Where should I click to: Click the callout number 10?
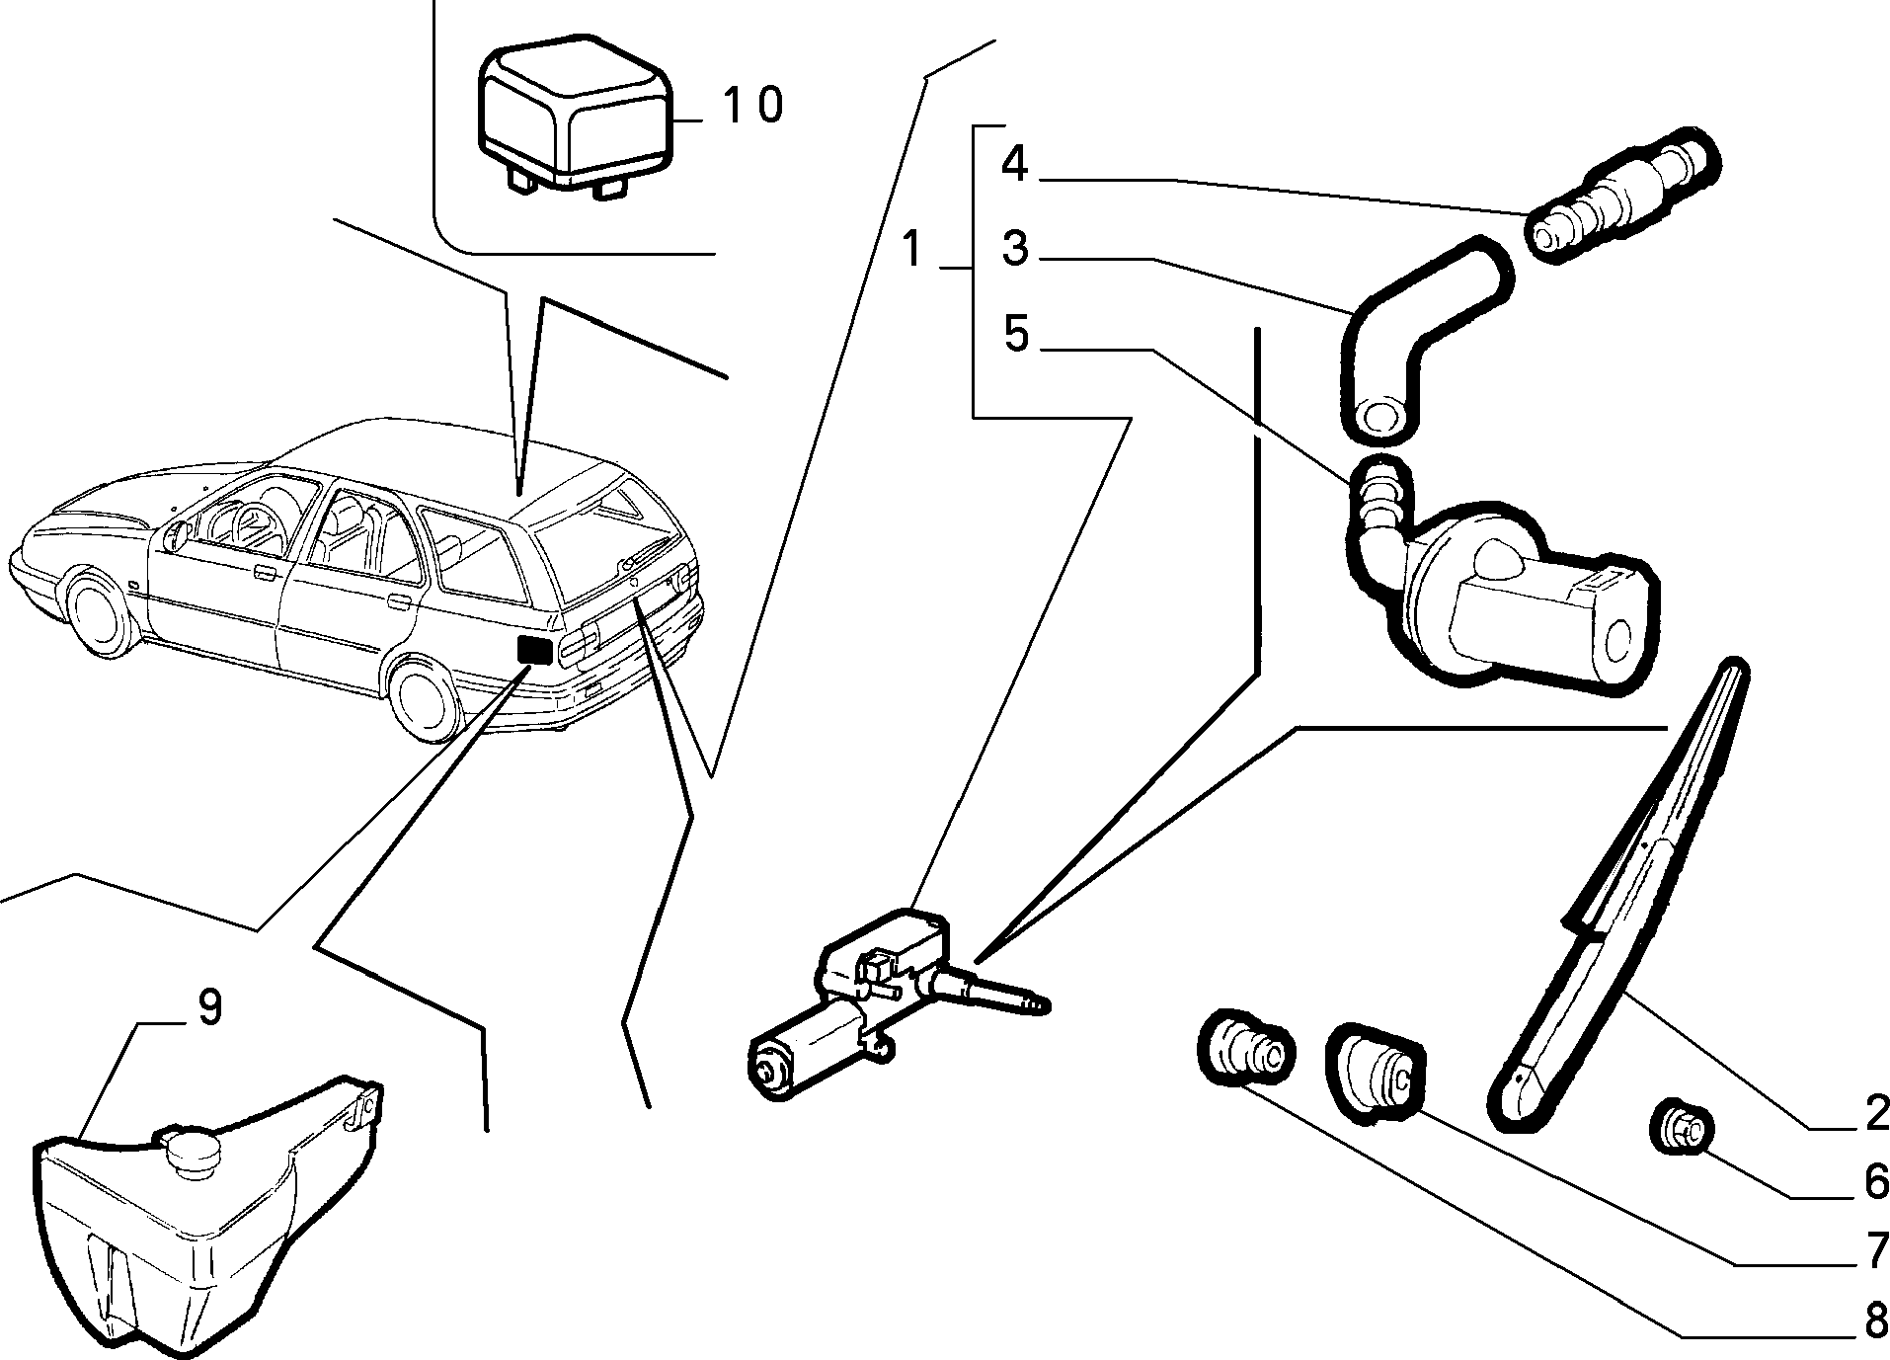pos(752,105)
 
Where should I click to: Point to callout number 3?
pos(1015,249)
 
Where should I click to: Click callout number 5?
pos(1016,334)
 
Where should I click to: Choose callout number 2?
pos(1875,1113)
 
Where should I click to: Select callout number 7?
pos(1875,1250)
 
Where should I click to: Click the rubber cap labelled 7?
pos(1376,1075)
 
